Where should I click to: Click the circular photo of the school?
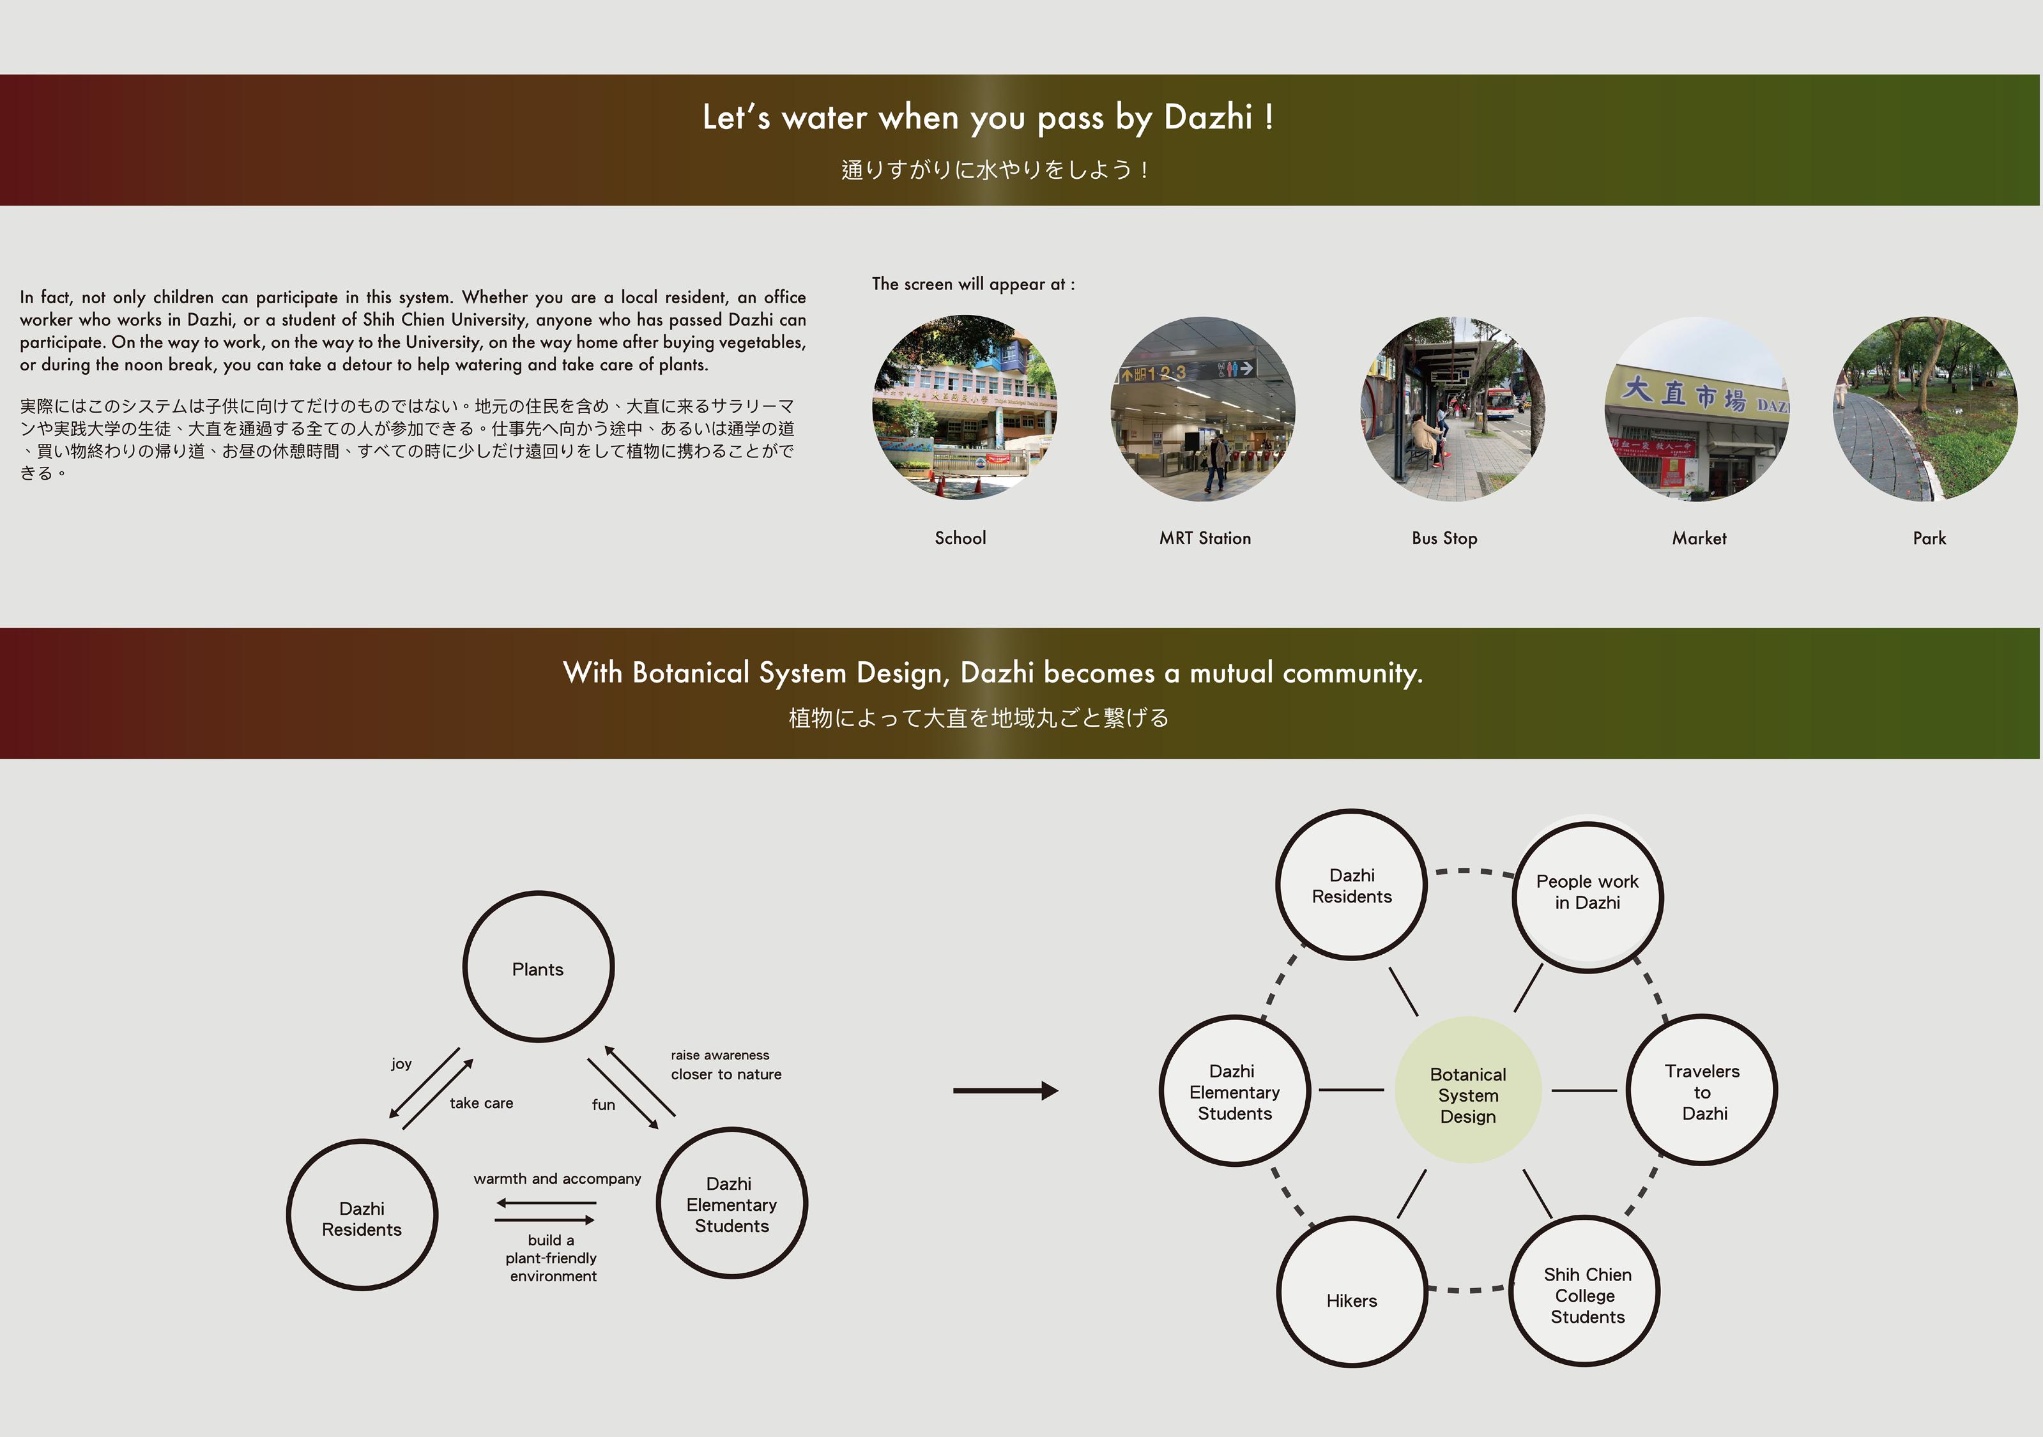[965, 407]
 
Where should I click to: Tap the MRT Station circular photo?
[1203, 409]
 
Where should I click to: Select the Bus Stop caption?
[1444, 538]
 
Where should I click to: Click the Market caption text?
[1699, 538]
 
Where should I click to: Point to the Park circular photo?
[1925, 409]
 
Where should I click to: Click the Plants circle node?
[539, 967]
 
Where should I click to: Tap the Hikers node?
[1352, 1292]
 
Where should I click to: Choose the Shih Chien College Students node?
[1586, 1292]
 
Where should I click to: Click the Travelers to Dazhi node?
[1701, 1091]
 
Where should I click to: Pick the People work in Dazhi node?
[1588, 894]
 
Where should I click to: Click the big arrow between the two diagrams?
[1006, 1091]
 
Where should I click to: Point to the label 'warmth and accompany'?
[557, 1179]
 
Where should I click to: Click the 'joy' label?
[401, 1064]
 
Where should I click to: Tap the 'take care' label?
[482, 1104]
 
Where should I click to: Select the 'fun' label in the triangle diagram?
[603, 1105]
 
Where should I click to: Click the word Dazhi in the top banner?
[1207, 118]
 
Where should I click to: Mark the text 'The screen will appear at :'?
[974, 285]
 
